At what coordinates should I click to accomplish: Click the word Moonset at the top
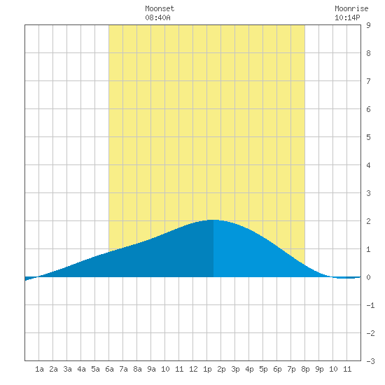pos(160,8)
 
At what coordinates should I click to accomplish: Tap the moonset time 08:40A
pos(157,17)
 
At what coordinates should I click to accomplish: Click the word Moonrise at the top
pos(351,8)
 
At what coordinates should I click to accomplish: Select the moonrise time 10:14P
pos(347,17)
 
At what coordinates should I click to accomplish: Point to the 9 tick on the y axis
pos(368,25)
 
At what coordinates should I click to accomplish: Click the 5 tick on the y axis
pos(368,137)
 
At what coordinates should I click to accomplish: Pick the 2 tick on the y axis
pos(368,221)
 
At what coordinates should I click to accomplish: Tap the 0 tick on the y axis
pos(368,277)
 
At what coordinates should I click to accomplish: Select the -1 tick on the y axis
pos(370,305)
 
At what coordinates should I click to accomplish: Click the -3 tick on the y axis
pos(370,361)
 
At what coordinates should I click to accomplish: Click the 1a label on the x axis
pos(39,369)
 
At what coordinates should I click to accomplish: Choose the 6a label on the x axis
pos(109,369)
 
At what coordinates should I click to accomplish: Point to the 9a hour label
pos(151,369)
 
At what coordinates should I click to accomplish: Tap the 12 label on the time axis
pos(193,369)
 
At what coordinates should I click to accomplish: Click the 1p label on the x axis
pos(207,369)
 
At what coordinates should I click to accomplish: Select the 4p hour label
pos(249,369)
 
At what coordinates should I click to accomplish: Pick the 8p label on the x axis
pos(305,369)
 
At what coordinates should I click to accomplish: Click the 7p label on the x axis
pos(291,369)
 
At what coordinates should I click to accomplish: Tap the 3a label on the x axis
pos(67,369)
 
